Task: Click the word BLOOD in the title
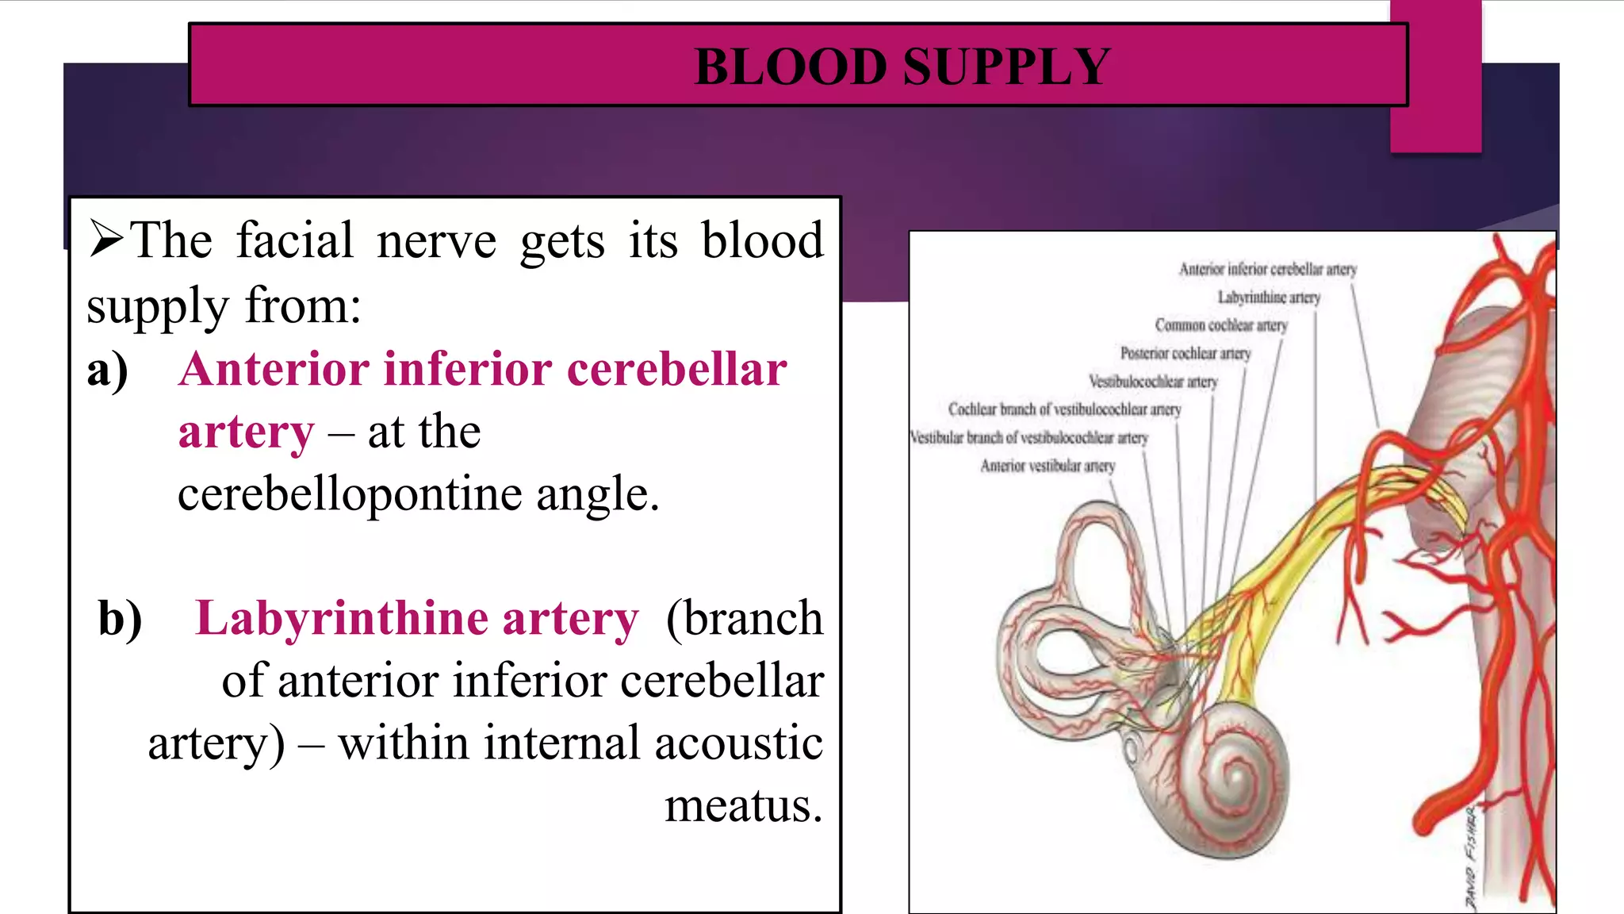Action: pos(790,67)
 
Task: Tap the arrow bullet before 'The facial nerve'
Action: pos(106,240)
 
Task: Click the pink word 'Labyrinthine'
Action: pos(342,620)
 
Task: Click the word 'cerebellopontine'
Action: pos(350,494)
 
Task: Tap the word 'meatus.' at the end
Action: pos(743,806)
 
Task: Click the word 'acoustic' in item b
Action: pos(738,743)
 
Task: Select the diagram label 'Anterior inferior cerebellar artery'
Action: pos(1267,270)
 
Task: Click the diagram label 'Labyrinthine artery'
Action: pos(1269,298)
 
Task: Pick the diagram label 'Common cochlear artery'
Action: pos(1220,325)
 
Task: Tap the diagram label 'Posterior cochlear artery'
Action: pos(1185,353)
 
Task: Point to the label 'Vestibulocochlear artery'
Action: pos(1152,382)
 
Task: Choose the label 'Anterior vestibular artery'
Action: pos(1047,466)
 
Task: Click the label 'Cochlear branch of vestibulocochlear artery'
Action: pos(1064,409)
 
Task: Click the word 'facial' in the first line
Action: pos(294,240)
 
